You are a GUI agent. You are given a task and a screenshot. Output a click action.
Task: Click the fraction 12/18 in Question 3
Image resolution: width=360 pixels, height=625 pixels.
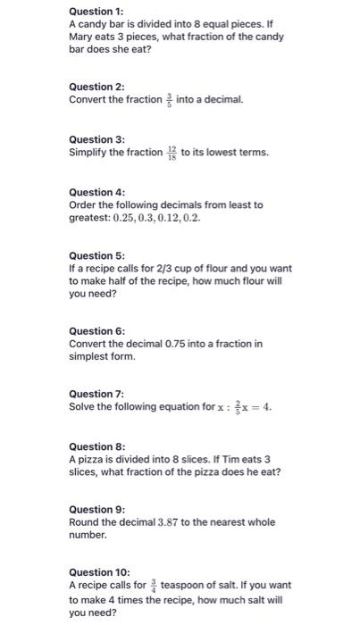[x=172, y=153]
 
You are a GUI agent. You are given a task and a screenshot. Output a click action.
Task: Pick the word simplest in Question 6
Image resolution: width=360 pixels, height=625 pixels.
[x=89, y=356]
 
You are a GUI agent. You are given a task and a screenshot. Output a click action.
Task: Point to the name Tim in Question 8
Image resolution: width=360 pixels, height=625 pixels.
[x=220, y=459]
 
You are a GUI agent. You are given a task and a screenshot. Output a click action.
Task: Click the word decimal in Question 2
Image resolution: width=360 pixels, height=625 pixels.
[x=222, y=99]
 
